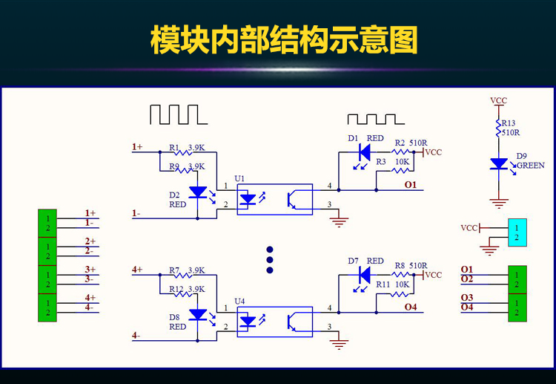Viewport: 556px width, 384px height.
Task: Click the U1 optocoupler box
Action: pos(274,199)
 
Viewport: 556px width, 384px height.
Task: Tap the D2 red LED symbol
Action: pos(198,192)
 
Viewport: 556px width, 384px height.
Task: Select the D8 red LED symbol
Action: pos(198,315)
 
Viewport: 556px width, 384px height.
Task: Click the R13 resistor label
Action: pos(509,123)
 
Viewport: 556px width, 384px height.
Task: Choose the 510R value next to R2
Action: pos(418,143)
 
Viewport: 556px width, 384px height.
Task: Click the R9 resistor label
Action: pos(174,166)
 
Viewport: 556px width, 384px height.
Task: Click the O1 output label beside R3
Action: pos(410,183)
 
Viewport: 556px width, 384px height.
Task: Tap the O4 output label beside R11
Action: pos(410,306)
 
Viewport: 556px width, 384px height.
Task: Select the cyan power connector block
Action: pos(517,232)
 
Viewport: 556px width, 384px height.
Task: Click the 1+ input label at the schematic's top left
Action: pos(137,147)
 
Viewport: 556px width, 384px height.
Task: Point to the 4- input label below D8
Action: pos(136,336)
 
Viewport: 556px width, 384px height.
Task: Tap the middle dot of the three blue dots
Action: pos(270,260)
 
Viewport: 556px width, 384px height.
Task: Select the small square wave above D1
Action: pos(377,119)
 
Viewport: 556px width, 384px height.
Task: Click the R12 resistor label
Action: pos(176,289)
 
